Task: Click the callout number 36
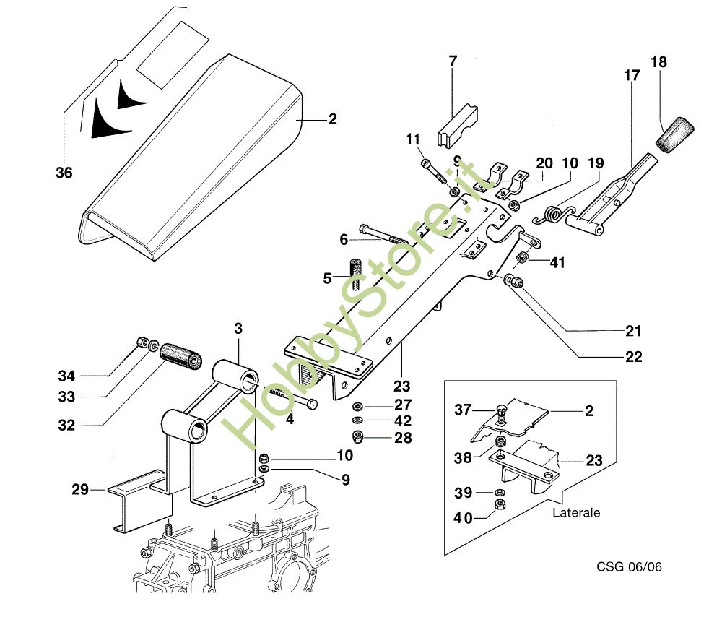(64, 173)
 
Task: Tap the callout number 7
(453, 61)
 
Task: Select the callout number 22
(634, 357)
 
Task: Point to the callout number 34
(66, 376)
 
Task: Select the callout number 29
(80, 490)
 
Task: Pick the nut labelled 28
(357, 436)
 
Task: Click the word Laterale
(576, 513)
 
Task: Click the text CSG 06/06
(629, 566)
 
